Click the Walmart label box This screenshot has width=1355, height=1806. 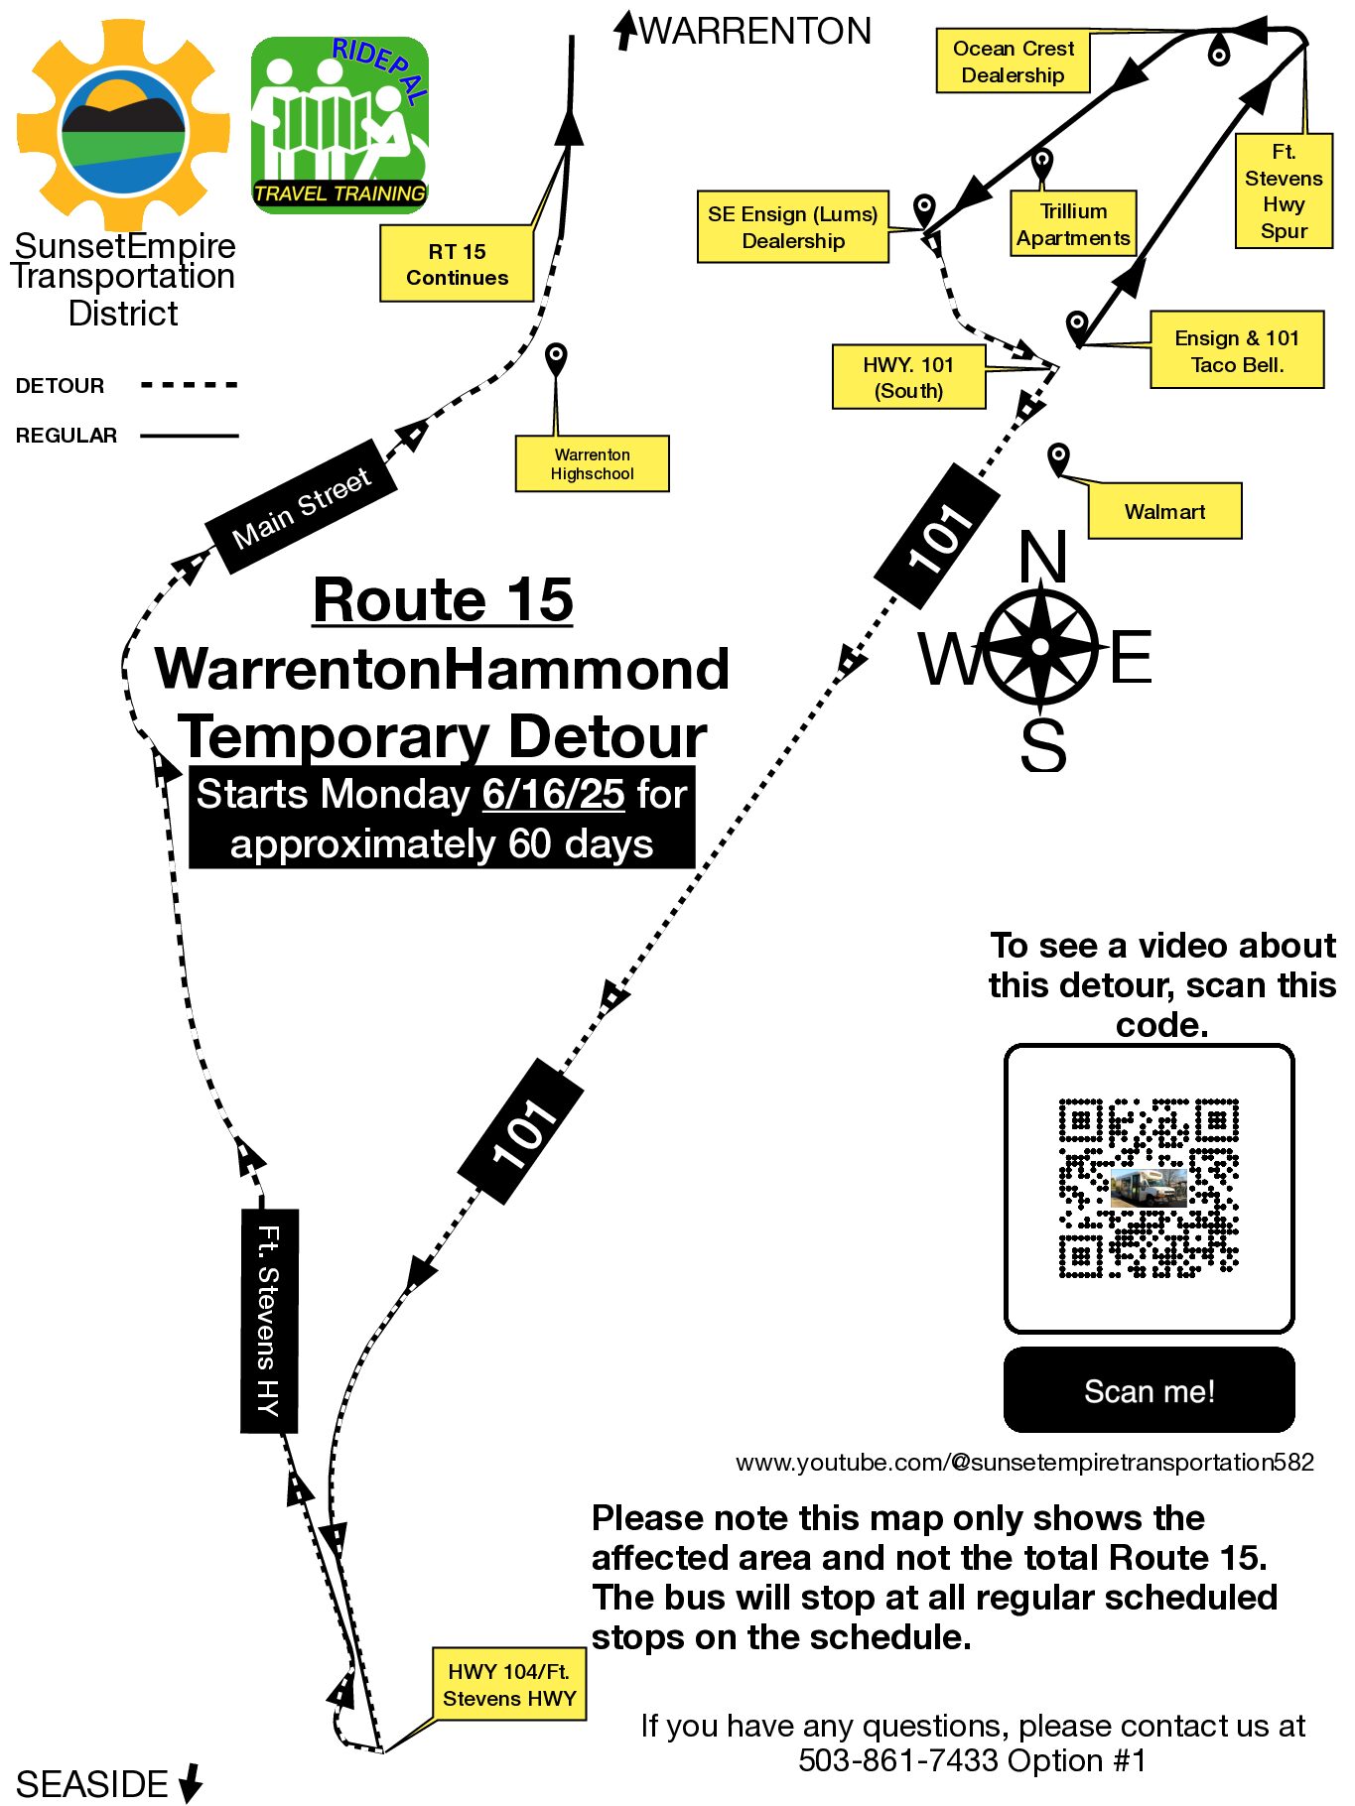[1164, 511]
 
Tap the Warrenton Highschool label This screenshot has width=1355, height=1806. [592, 463]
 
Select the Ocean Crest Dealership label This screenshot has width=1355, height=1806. [1013, 62]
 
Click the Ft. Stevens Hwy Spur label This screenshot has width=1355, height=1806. [1284, 192]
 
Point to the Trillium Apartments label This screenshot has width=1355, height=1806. [1073, 224]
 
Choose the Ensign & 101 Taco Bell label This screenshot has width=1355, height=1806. [1237, 350]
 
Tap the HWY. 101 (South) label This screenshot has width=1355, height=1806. [908, 377]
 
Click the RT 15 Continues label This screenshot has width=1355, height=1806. [457, 264]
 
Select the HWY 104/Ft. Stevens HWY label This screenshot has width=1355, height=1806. [509, 1685]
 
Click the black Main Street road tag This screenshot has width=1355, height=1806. [302, 506]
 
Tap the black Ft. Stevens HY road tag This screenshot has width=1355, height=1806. [269, 1321]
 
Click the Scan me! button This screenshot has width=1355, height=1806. [1149, 1390]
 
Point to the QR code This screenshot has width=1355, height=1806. [1149, 1188]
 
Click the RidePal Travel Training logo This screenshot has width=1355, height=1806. [339, 125]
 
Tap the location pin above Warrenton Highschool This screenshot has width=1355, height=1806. [557, 357]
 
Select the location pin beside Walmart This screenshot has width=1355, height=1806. [1058, 458]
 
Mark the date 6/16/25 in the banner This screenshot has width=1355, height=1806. [553, 794]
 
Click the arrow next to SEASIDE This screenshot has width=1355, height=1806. [191, 1783]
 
